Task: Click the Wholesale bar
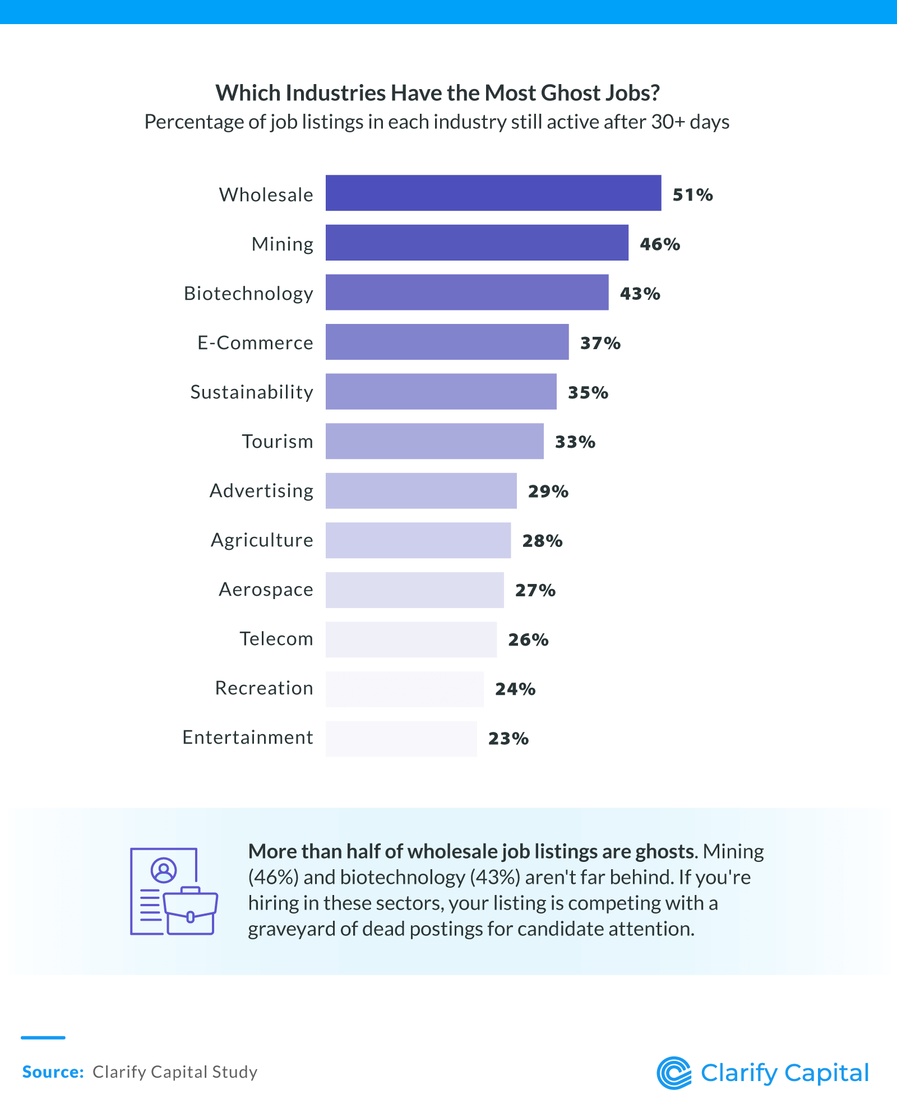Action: pos(493,193)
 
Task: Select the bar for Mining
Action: pos(477,243)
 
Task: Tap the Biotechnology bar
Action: pos(466,292)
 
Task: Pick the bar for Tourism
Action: pos(434,441)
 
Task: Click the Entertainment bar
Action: pos(401,739)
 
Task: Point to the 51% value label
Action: pos(692,195)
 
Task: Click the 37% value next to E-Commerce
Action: pos(600,343)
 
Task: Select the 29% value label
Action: pos(548,491)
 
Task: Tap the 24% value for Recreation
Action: pos(515,689)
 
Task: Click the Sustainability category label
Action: pos(252,392)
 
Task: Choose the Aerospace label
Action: pos(266,590)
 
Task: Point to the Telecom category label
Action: pos(276,639)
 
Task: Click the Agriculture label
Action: pos(262,540)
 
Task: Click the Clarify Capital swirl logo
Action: pos(674,1073)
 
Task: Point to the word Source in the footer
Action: pos(52,1072)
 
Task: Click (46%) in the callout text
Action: pos(272,877)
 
